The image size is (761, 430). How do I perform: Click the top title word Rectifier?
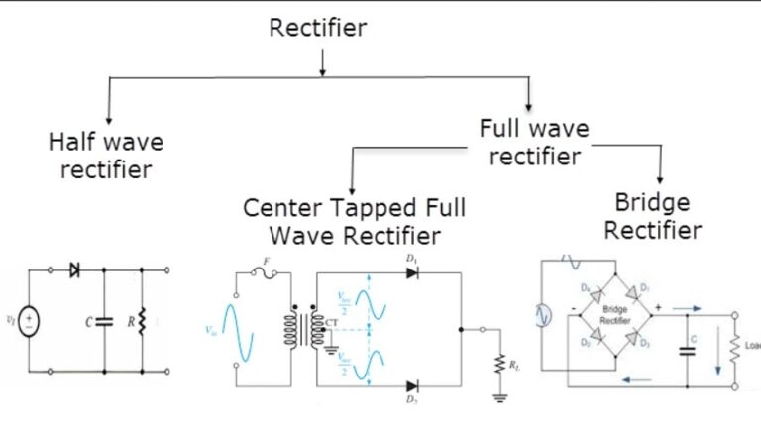pos(317,27)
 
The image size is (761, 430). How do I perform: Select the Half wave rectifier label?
pos(106,156)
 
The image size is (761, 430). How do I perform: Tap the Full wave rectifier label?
pos(533,142)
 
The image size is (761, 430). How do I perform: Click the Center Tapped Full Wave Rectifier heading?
pos(354,222)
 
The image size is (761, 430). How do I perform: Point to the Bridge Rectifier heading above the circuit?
pos(652,216)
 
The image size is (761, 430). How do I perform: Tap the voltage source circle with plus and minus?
pos(29,320)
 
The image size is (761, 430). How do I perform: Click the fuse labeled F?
pos(266,274)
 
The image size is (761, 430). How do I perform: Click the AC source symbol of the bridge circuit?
pos(543,315)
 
